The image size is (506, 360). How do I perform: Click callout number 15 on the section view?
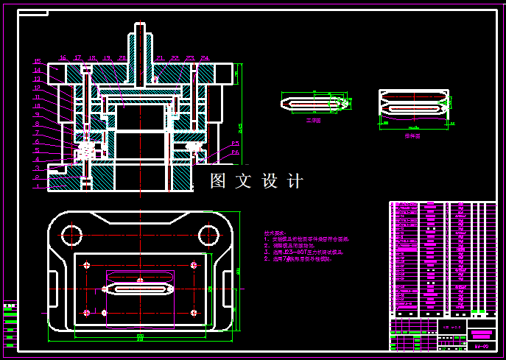[x=37, y=61]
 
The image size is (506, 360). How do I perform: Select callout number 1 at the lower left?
[x=37, y=186]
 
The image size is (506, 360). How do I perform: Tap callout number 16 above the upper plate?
[x=63, y=57]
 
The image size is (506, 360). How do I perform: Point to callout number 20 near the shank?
[x=122, y=57]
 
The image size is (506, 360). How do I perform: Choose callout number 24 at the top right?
[x=204, y=57]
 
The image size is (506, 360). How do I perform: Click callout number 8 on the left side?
[x=37, y=124]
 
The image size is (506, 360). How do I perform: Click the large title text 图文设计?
[x=256, y=180]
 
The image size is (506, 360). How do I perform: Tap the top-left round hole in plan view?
[x=71, y=235]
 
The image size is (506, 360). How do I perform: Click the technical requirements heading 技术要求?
[x=274, y=233]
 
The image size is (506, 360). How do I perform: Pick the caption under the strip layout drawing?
[x=412, y=136]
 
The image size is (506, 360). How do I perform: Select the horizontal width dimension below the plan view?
[x=140, y=337]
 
